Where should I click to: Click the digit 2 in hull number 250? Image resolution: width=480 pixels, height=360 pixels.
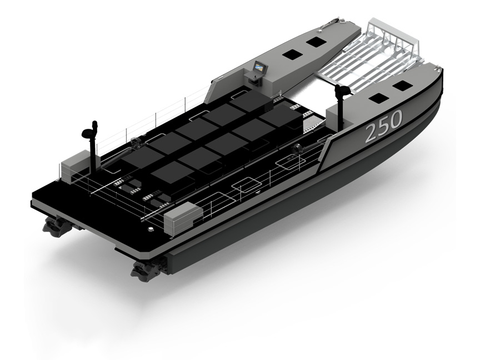tap(372, 132)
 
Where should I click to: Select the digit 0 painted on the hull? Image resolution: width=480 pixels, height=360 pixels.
tap(396, 119)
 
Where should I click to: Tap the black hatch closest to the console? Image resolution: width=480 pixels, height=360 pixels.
tap(292, 54)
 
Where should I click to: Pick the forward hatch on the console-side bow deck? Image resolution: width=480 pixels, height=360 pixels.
tap(316, 42)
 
